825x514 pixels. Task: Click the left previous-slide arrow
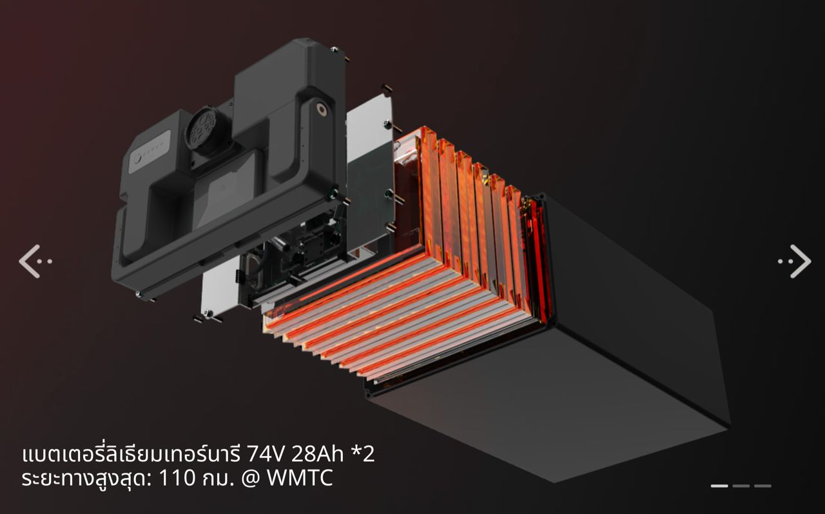pyautogui.click(x=35, y=261)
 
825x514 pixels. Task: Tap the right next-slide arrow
pyautogui.click(x=795, y=261)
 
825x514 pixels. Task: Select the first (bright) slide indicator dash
pyautogui.click(x=719, y=486)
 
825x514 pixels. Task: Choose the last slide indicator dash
pyautogui.click(x=762, y=486)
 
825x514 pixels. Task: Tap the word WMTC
pyautogui.click(x=300, y=478)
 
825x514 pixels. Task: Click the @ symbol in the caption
pyautogui.click(x=251, y=479)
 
